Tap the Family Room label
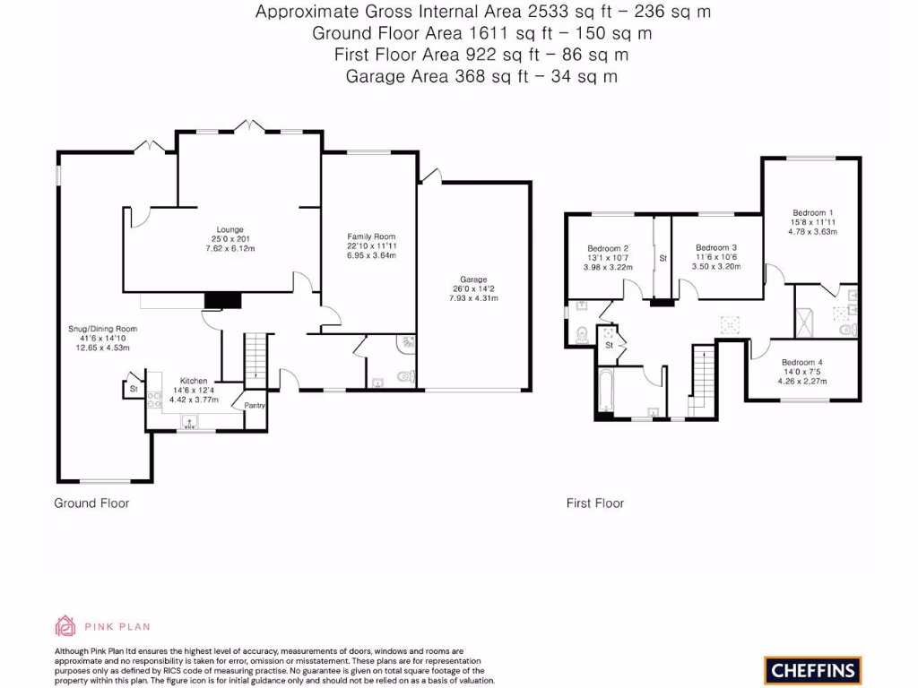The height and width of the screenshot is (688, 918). [371, 236]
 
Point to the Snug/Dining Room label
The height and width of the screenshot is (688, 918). [102, 329]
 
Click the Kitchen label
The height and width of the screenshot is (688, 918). [194, 380]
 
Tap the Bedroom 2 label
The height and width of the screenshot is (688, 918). [608, 248]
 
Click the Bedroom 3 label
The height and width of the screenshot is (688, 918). [716, 247]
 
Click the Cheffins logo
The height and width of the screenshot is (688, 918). [812, 669]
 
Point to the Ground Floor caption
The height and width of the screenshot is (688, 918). [91, 503]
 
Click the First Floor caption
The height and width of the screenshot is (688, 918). [594, 503]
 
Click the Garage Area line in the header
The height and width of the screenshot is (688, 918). [481, 76]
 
